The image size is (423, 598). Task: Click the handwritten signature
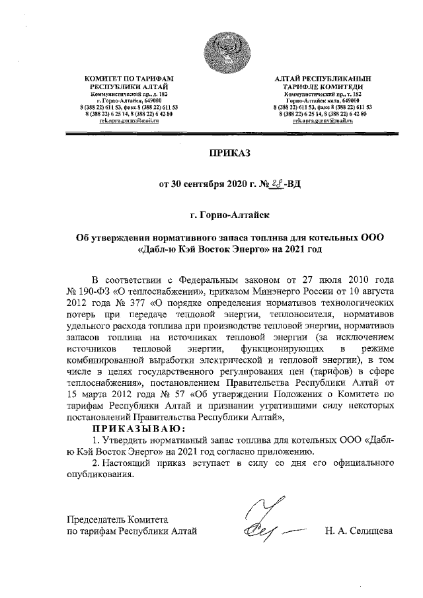pos(262,521)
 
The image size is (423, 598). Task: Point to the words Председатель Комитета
pos(112,519)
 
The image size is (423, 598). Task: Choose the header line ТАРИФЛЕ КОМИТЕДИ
pos(323,87)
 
